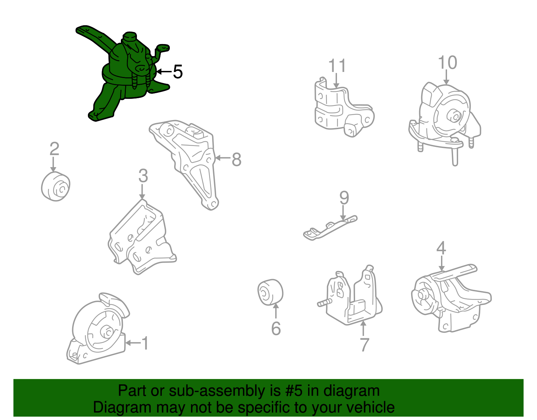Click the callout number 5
click(178, 72)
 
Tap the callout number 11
click(337, 66)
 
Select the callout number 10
click(447, 63)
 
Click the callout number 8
click(237, 159)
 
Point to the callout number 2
click(54, 149)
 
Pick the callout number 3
click(143, 176)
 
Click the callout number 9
click(344, 198)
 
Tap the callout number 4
click(441, 248)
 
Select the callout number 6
click(276, 329)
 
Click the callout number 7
click(364, 344)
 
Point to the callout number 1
click(145, 343)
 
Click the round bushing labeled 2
click(56, 187)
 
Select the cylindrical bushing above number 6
click(271, 292)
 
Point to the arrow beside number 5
click(164, 72)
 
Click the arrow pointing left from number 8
click(223, 158)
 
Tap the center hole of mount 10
click(455, 117)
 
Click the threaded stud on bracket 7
click(324, 303)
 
